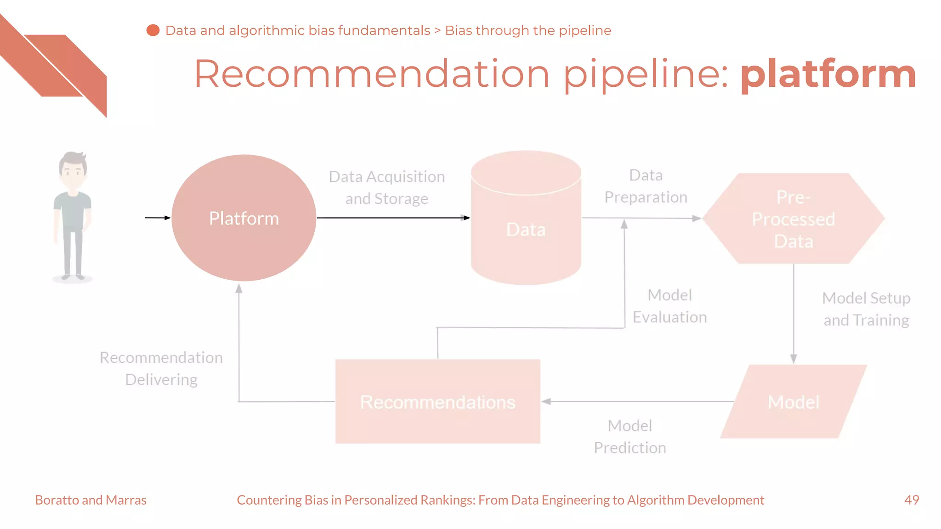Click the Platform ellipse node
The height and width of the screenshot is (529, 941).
244,218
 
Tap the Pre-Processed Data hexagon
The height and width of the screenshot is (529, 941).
793,219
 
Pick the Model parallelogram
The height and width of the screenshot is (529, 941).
793,402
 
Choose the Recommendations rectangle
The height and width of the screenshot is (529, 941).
437,402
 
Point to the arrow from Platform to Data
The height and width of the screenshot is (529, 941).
393,218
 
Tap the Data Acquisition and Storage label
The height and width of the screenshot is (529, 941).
386,188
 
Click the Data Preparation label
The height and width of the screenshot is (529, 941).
646,186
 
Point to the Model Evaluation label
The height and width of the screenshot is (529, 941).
669,306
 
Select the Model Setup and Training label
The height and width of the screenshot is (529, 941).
866,309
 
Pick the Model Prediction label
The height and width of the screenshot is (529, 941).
629,437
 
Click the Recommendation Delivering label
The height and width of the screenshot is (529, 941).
161,368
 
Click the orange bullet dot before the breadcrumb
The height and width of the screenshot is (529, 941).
153,30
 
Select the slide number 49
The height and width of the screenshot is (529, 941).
912,500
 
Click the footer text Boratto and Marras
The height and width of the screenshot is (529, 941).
91,500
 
